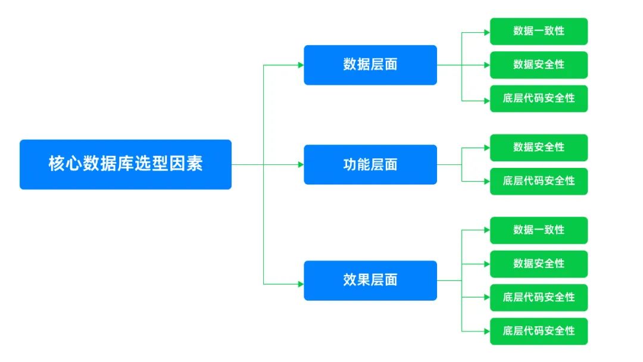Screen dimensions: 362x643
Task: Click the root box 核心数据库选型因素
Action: [x=125, y=164]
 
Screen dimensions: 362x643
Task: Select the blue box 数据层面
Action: [x=370, y=65]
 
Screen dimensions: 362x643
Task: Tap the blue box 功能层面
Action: [x=370, y=164]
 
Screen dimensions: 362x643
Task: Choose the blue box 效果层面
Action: [x=370, y=280]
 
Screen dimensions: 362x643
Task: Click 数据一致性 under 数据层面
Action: [x=539, y=31]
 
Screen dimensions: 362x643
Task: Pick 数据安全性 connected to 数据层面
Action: [x=539, y=64]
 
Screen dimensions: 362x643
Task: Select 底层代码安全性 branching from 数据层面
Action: [x=539, y=98]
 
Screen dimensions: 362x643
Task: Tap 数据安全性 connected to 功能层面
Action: [x=539, y=147]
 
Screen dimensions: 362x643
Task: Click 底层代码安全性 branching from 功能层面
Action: [x=539, y=181]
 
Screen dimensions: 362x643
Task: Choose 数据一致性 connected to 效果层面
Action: [x=539, y=230]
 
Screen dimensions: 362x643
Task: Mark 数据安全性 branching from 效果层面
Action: [x=539, y=264]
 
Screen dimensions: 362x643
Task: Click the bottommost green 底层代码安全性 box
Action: [x=539, y=330]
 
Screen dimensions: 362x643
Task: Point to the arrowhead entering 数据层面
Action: [x=301, y=65]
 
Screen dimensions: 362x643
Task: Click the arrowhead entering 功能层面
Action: [x=301, y=164]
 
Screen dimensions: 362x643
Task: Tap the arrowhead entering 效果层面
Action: [x=301, y=283]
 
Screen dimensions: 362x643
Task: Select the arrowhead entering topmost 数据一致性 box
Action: [x=487, y=31]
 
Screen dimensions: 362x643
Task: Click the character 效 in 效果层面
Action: [x=349, y=280]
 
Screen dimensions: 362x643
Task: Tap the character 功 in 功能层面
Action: [x=349, y=164]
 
